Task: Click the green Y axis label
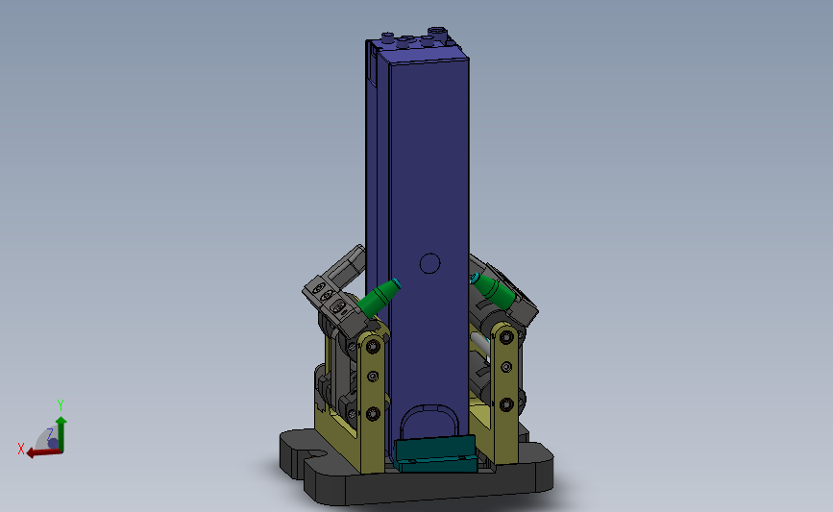(x=61, y=405)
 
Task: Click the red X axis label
(x=21, y=449)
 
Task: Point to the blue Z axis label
(x=49, y=434)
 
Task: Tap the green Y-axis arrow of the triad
(x=61, y=433)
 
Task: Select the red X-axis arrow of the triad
(x=44, y=452)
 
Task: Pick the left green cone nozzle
(x=379, y=299)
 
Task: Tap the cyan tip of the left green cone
(x=396, y=283)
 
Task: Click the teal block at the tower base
(x=435, y=453)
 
